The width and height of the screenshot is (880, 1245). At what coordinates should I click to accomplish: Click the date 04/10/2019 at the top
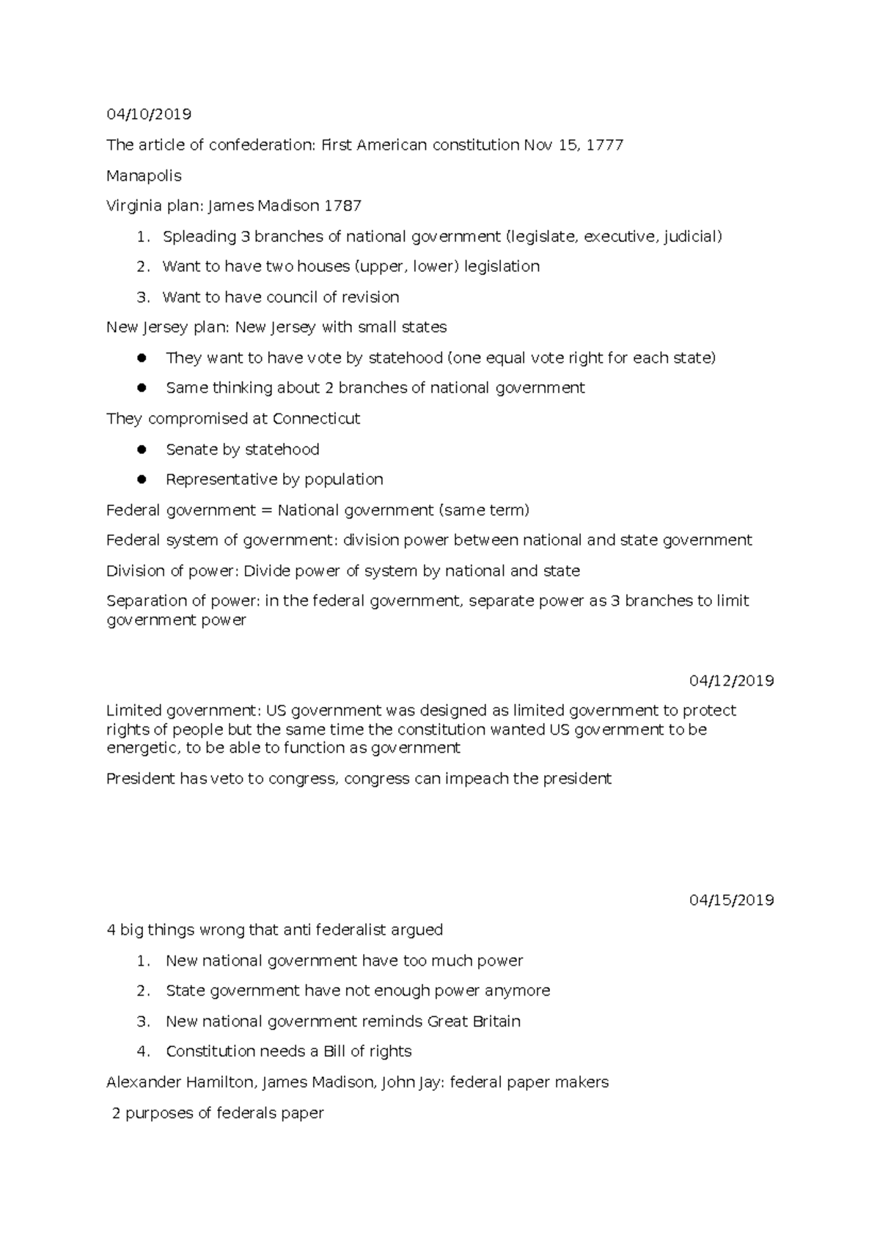pyautogui.click(x=148, y=114)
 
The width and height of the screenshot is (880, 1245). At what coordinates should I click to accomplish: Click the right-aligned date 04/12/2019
pyautogui.click(x=731, y=680)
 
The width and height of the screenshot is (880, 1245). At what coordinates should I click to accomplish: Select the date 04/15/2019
pyautogui.click(x=731, y=900)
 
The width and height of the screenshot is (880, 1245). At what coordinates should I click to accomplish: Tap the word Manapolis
pyautogui.click(x=144, y=176)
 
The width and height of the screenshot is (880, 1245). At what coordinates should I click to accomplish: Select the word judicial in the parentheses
pyautogui.click(x=691, y=237)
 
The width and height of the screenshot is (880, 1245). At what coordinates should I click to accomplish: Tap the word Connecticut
pyautogui.click(x=316, y=419)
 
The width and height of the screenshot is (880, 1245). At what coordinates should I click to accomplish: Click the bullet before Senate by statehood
pyautogui.click(x=142, y=449)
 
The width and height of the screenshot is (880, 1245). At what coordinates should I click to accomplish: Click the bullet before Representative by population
pyautogui.click(x=142, y=479)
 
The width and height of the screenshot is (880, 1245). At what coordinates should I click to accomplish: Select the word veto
pyautogui.click(x=227, y=779)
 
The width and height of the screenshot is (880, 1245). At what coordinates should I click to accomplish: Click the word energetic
pyautogui.click(x=142, y=748)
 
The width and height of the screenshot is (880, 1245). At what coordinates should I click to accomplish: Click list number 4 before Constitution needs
pyautogui.click(x=143, y=1051)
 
